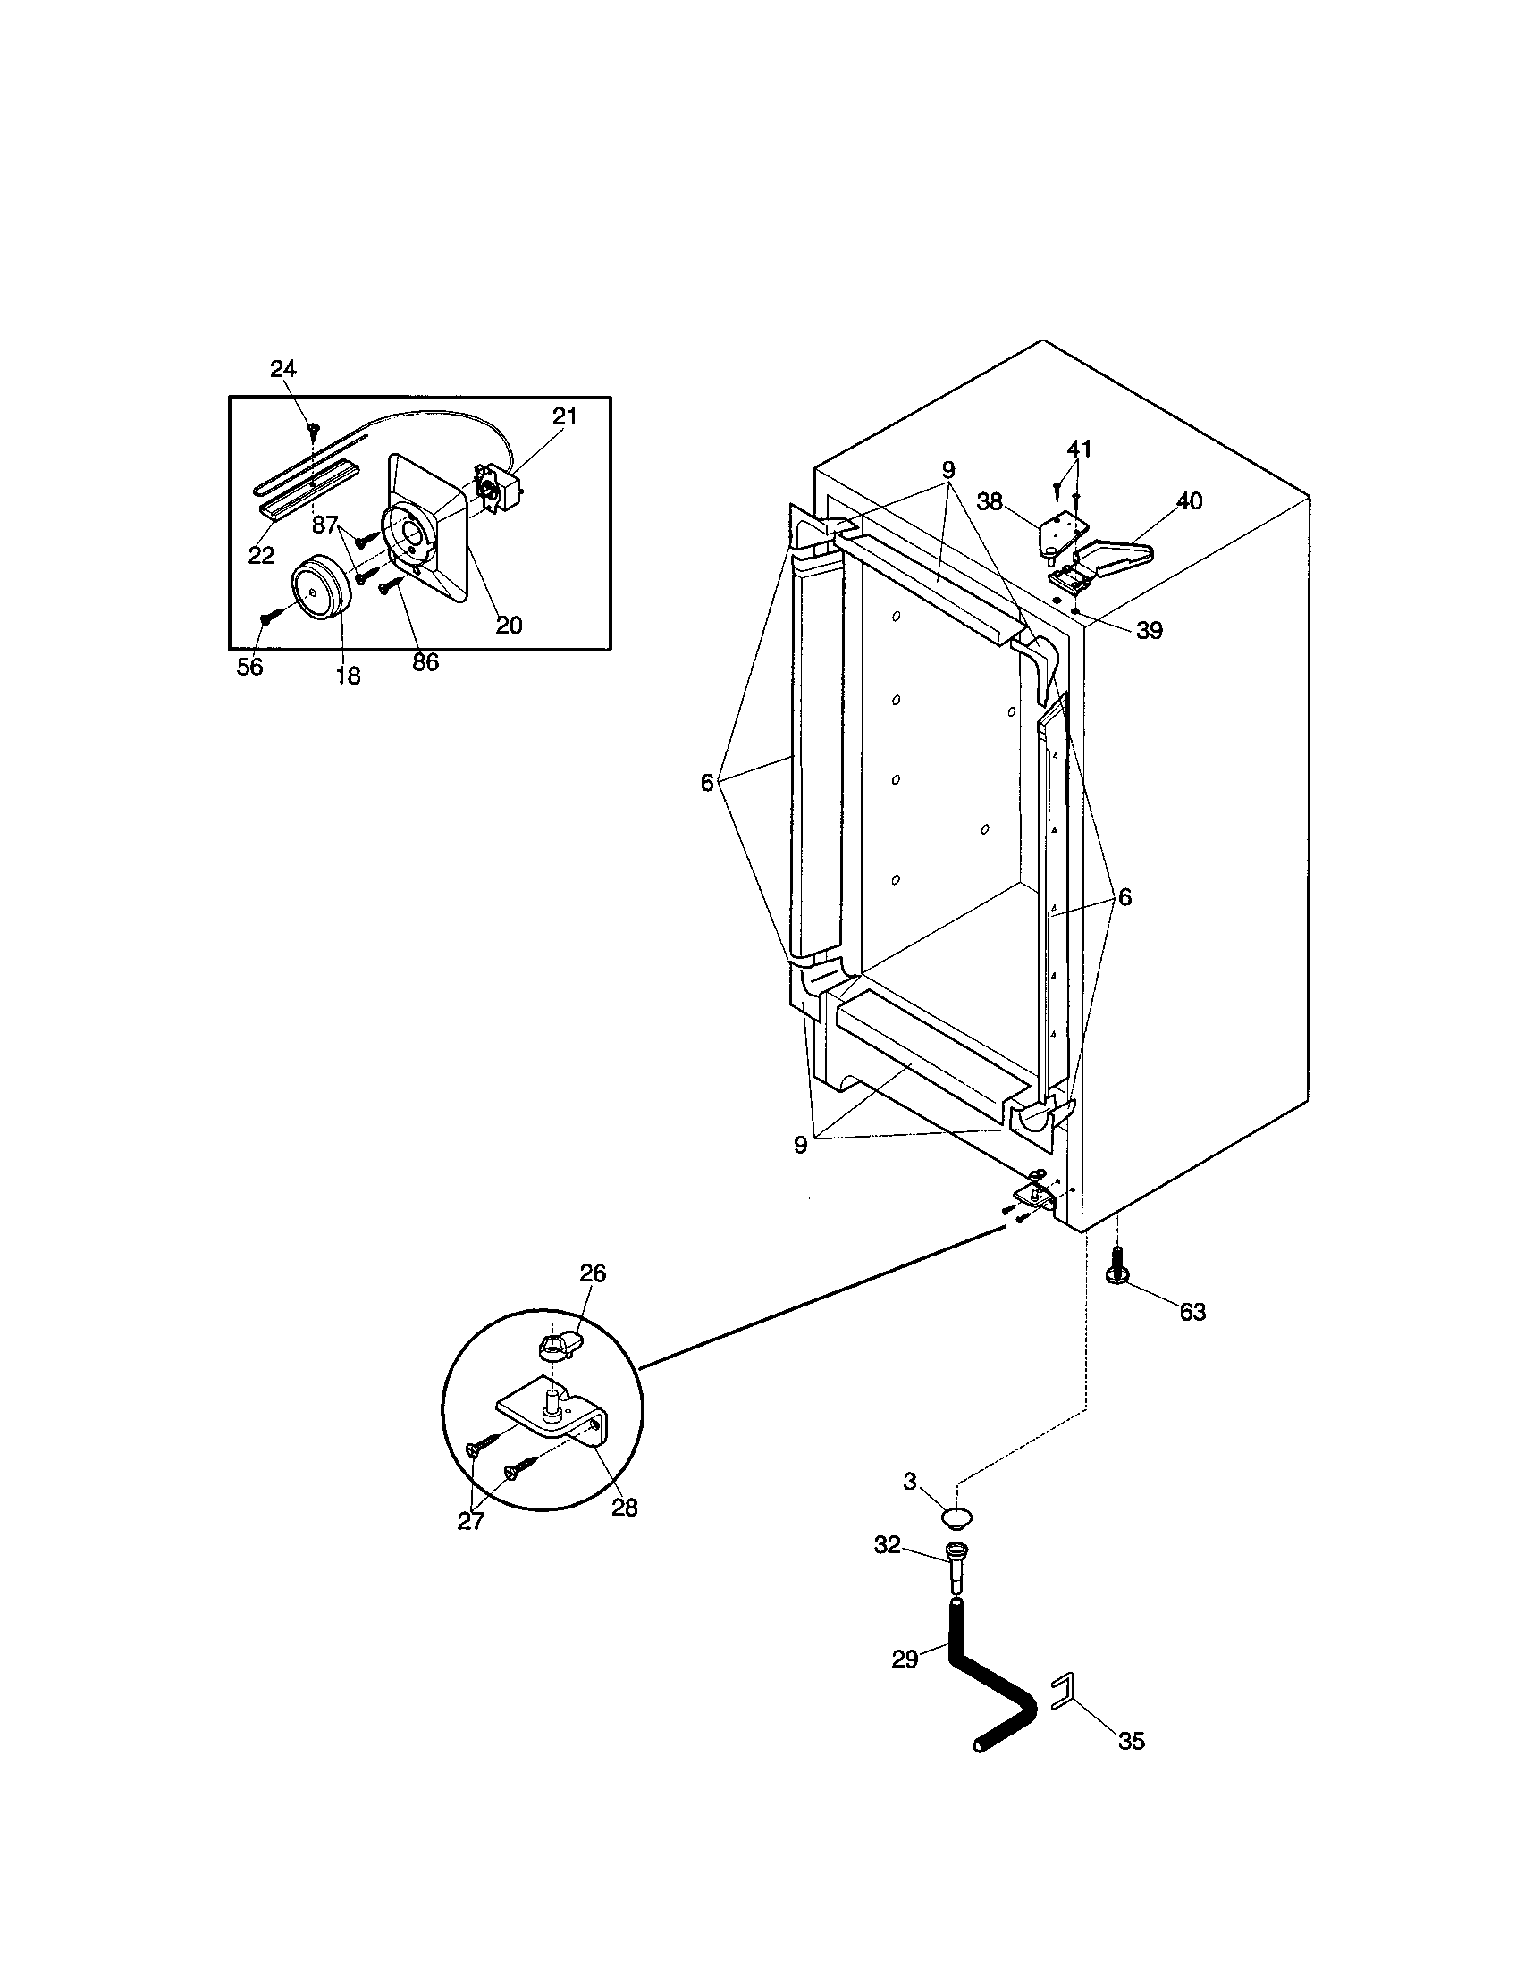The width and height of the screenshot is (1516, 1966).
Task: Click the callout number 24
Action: click(x=283, y=368)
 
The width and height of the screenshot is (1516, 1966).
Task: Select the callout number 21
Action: click(x=564, y=416)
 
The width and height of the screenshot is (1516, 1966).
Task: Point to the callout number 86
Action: click(x=425, y=662)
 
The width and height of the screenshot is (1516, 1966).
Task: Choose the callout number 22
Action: click(x=261, y=556)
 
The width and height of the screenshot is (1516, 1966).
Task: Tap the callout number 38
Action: click(x=990, y=502)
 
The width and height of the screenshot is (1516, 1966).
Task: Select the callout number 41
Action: click(x=1080, y=449)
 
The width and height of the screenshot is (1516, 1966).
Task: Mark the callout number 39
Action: click(x=1149, y=631)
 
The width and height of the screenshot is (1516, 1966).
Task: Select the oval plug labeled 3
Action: click(x=956, y=1518)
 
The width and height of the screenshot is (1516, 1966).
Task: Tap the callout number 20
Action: click(x=510, y=625)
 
